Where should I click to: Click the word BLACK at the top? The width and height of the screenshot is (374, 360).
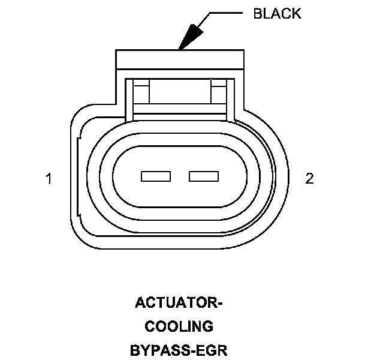(x=277, y=14)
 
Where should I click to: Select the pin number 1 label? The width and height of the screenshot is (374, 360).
(x=49, y=178)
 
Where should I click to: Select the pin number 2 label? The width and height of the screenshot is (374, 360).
(x=309, y=178)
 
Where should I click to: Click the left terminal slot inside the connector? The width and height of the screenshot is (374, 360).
(x=156, y=176)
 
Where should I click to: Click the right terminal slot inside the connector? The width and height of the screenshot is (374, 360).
(x=204, y=176)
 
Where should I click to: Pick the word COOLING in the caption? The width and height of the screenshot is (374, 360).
(x=179, y=326)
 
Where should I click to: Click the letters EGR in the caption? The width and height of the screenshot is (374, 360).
(x=213, y=350)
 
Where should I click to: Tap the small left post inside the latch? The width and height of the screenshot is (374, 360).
(x=141, y=93)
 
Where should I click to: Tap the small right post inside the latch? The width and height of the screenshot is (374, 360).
(x=218, y=93)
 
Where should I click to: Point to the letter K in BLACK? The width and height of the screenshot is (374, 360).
(x=296, y=14)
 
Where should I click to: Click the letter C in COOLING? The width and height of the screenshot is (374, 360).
(x=150, y=326)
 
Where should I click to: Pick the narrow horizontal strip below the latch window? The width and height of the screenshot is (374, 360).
(x=180, y=109)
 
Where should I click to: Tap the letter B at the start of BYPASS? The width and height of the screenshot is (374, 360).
(x=134, y=350)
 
